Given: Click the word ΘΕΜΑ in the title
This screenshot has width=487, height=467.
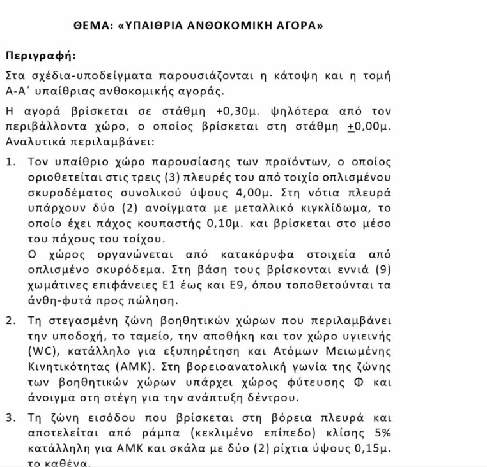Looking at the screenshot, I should coord(91,29).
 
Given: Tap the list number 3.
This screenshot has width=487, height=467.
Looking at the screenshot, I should coord(10,420).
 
